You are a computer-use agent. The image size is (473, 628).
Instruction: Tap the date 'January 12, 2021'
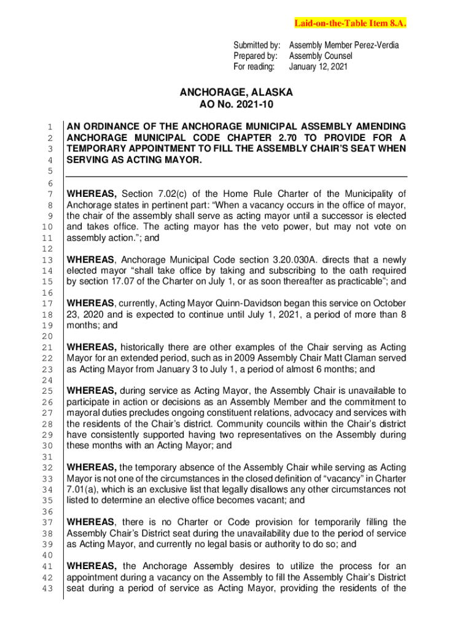318,66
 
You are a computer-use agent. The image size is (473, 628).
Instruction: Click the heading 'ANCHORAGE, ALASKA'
236,93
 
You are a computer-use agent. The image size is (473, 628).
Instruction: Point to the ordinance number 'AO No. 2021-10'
236,105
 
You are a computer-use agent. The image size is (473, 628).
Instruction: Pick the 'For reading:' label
255,66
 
